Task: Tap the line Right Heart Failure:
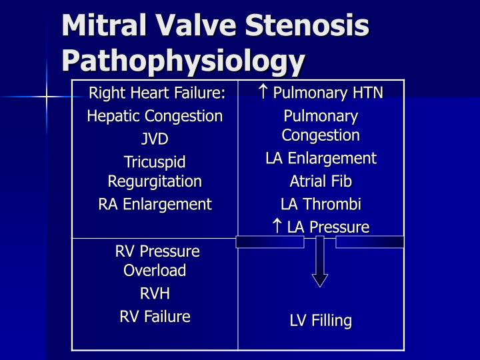click(157, 93)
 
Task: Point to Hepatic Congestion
click(155, 116)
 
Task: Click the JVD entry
click(155, 139)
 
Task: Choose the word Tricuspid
click(155, 162)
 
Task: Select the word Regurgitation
click(155, 181)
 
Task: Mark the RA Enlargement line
click(155, 204)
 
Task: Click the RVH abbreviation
click(155, 293)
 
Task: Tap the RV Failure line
click(155, 316)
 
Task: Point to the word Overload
click(155, 270)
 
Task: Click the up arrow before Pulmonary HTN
click(263, 92)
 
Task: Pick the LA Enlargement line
click(321, 158)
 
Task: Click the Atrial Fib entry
click(321, 181)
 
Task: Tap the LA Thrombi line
click(321, 204)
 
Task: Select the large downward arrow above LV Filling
click(320, 261)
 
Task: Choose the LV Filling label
click(321, 321)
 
